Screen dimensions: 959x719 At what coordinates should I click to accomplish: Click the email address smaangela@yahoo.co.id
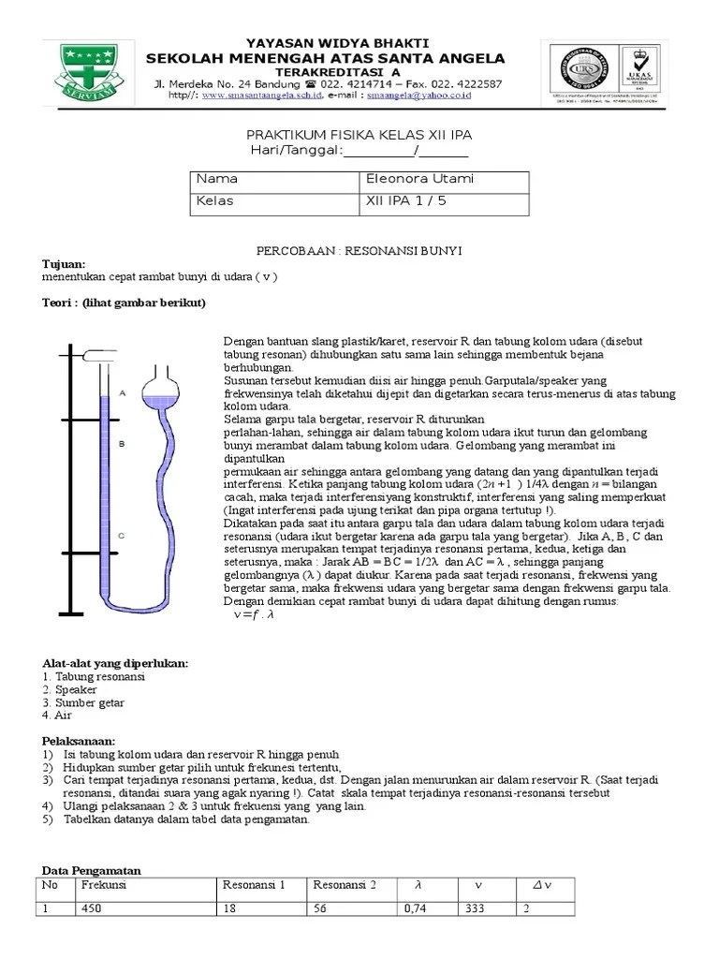(418, 96)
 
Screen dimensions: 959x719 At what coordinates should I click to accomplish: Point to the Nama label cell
(216, 179)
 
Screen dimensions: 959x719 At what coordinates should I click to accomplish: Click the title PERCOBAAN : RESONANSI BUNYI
(359, 252)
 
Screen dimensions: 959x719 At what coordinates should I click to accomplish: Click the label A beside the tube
(122, 394)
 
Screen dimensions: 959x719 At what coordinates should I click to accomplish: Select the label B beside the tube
(122, 445)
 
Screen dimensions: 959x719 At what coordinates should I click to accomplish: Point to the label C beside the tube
(122, 536)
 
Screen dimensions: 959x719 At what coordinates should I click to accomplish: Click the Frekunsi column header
(104, 885)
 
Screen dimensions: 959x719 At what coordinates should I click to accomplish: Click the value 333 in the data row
(475, 908)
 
